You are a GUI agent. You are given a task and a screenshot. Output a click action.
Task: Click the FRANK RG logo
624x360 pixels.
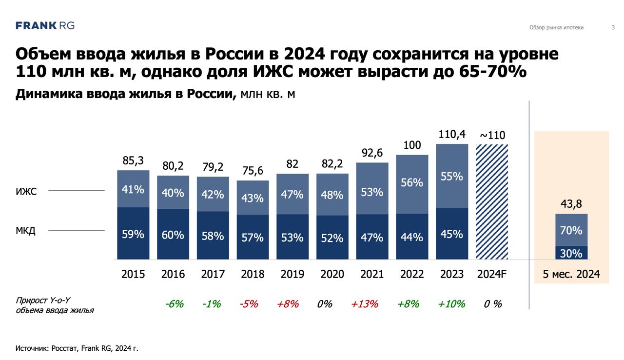[x=45, y=26]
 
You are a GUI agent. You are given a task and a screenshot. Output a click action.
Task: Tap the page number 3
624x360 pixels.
[x=613, y=28]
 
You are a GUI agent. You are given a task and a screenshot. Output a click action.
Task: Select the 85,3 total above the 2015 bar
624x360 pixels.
[x=133, y=160]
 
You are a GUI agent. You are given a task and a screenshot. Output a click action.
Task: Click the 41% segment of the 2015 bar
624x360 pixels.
[x=133, y=189]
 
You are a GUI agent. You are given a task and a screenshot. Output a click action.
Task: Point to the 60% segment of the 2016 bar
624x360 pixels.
[x=173, y=235]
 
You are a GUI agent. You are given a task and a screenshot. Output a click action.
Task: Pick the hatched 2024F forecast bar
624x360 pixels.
[x=492, y=201]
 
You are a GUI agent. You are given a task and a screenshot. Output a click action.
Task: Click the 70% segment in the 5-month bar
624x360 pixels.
[x=571, y=230]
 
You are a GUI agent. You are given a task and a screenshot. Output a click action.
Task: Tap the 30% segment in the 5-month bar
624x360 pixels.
[x=571, y=253]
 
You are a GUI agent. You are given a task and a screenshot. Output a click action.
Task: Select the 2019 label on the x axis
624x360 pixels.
[x=292, y=274]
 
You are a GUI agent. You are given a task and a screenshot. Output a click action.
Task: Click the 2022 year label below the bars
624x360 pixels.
[x=412, y=274]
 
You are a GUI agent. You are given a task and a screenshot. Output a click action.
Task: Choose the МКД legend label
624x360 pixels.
[x=26, y=231]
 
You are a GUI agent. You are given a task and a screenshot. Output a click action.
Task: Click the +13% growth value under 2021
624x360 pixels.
[x=364, y=304]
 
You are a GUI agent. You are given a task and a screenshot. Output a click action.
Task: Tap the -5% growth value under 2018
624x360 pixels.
[x=249, y=304]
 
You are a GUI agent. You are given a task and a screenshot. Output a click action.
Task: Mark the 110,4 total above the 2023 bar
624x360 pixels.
[x=451, y=134]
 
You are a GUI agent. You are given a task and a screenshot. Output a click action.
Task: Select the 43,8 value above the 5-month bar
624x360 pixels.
[x=571, y=204]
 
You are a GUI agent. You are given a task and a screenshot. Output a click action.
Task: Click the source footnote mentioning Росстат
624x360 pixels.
[x=77, y=348]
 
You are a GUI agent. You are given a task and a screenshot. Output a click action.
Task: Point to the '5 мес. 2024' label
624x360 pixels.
[x=571, y=274]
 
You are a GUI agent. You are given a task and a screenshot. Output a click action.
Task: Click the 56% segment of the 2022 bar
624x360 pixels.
[x=412, y=182]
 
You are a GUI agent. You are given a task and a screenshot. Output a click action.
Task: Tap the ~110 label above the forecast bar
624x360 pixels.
[x=492, y=135]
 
